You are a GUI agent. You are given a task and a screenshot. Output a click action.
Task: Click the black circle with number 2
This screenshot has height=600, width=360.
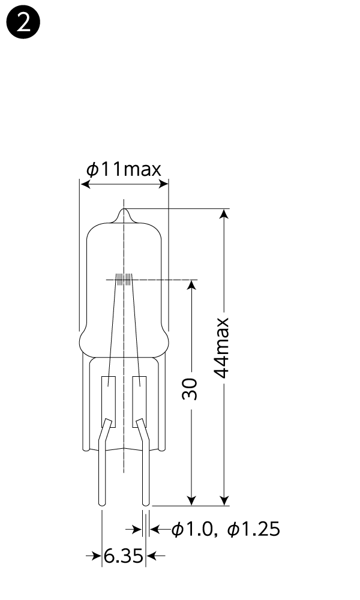(x=23, y=23)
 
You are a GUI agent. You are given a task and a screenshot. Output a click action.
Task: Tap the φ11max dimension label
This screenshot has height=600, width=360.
(x=124, y=169)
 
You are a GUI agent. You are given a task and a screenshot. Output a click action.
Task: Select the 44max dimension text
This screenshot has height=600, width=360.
(x=221, y=348)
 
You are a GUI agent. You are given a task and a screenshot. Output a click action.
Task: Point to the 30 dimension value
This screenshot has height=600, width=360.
(x=190, y=389)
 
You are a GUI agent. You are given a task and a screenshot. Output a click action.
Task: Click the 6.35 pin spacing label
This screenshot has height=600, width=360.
(x=124, y=556)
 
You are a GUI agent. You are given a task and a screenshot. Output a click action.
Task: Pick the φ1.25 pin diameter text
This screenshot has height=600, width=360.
(x=254, y=529)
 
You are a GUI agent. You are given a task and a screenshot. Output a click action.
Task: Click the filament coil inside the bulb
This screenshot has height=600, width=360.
(x=124, y=280)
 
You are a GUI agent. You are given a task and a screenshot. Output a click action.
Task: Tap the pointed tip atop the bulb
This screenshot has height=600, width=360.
(x=124, y=209)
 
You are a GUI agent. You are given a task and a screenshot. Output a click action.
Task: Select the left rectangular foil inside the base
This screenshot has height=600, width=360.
(x=109, y=402)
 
